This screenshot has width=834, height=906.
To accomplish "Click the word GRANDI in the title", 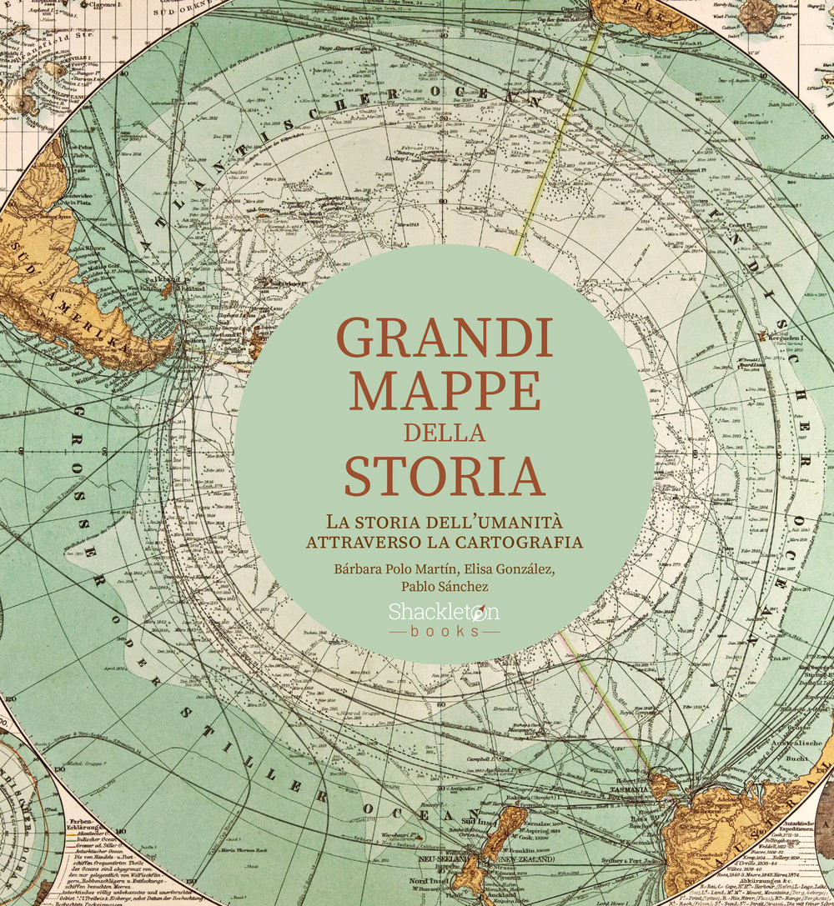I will click(445, 337).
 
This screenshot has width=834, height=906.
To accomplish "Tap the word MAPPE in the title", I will click(445, 389).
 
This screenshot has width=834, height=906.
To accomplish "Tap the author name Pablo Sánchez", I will click(445, 587).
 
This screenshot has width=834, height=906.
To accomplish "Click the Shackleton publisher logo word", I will click(444, 612).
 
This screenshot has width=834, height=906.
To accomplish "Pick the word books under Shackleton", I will click(444, 631).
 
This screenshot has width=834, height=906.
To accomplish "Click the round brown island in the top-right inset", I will click(757, 14).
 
